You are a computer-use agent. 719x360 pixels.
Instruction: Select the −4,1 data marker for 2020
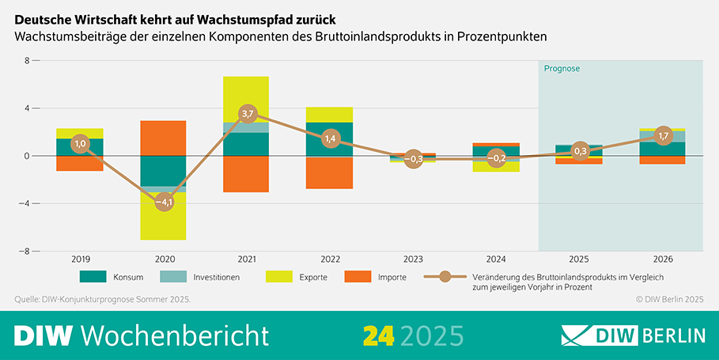[x=163, y=203]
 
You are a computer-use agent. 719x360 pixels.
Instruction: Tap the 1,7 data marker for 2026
[x=663, y=136]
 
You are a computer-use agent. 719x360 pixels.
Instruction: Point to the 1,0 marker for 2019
[x=80, y=143]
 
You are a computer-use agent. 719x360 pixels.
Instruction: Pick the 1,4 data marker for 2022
[x=329, y=138]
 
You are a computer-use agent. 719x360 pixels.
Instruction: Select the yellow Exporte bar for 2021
[x=246, y=99]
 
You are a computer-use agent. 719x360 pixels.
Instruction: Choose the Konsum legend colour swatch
[x=93, y=277]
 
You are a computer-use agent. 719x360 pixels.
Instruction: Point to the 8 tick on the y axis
[x=26, y=60]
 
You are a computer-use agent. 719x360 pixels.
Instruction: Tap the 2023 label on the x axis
[x=413, y=259]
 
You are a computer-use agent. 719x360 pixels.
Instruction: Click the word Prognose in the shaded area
[x=562, y=69]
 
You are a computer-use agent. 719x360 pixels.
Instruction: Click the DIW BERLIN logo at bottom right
[x=633, y=335]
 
